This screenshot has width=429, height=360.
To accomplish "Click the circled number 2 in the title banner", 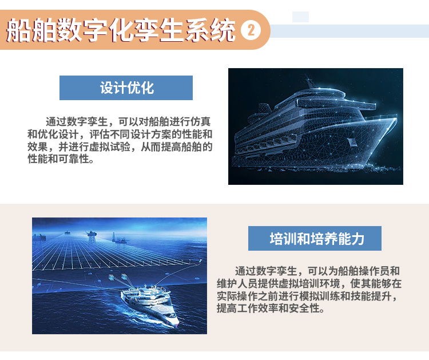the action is [251, 30].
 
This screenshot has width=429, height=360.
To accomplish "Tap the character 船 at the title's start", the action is [18, 30].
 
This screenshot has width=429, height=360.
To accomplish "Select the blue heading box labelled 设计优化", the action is [126, 88].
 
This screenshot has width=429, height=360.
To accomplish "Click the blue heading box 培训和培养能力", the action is [315, 239].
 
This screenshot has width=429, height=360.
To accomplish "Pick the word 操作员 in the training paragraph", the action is [374, 271].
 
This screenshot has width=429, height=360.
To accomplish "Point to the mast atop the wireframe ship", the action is [309, 82].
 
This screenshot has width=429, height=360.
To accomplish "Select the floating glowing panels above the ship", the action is [118, 277].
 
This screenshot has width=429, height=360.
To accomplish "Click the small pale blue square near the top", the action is [300, 17].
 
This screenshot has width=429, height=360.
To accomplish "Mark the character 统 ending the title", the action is [223, 30].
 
